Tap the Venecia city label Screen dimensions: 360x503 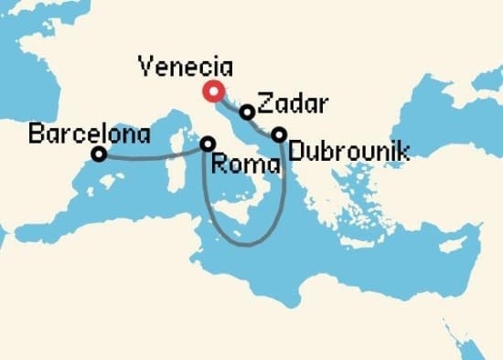tap(186, 67)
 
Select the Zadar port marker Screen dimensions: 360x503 tap(247, 112)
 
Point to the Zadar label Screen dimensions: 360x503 tap(285, 102)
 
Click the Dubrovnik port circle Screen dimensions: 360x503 tap(279, 134)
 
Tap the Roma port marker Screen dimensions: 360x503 tap(209, 143)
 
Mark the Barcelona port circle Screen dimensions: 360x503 tap(99, 154)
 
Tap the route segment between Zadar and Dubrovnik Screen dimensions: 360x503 tap(262, 124)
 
